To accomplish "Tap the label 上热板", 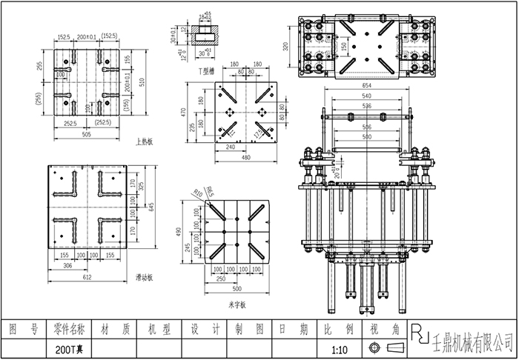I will point(144,141).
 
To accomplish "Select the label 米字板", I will point(237,304).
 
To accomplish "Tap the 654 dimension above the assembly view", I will point(366,87).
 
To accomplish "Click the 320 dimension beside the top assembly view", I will point(287,46).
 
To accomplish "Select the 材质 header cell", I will point(115,328).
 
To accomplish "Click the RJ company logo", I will point(420,334).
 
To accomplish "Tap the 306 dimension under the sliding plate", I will point(67,264).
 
